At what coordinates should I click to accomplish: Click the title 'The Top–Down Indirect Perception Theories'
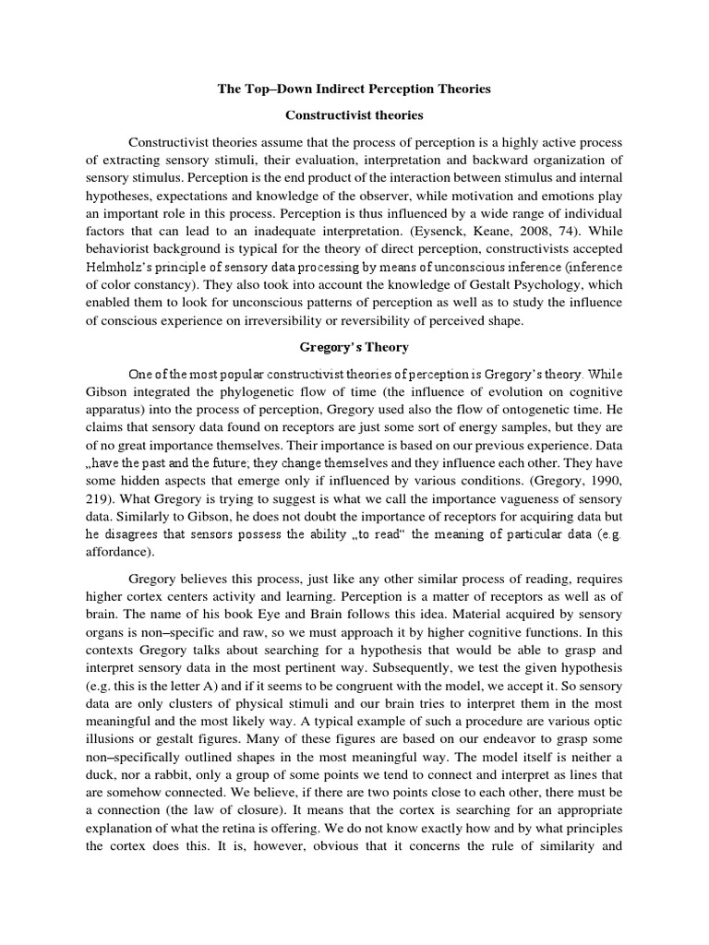[x=354, y=90]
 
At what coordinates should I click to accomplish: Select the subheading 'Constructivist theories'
[x=354, y=116]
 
